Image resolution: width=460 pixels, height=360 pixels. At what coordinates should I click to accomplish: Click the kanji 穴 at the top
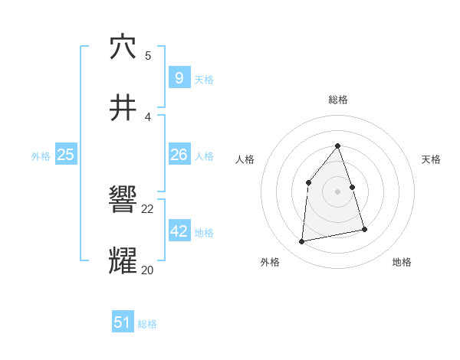(x=123, y=47)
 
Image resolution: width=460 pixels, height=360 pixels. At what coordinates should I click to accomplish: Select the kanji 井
(x=123, y=109)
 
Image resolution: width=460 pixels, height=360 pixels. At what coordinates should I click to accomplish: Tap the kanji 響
(x=123, y=201)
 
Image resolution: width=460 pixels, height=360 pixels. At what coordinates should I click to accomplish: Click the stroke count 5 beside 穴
(x=148, y=55)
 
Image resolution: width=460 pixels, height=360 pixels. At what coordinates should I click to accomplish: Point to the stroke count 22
(x=148, y=208)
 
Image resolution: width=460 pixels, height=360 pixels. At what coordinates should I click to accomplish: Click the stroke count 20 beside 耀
(x=148, y=270)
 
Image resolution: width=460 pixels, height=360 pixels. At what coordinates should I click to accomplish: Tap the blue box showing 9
(x=179, y=77)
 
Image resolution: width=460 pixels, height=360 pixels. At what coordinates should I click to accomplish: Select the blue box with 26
(x=179, y=155)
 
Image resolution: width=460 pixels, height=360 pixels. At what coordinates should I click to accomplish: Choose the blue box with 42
(x=179, y=231)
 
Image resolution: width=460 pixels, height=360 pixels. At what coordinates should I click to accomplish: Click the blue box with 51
(x=123, y=322)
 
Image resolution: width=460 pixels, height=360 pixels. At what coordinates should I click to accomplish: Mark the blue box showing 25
(x=65, y=155)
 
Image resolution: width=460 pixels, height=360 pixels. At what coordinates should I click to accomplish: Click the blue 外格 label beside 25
(x=41, y=156)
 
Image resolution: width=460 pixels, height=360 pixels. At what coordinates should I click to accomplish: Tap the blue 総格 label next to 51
(x=147, y=324)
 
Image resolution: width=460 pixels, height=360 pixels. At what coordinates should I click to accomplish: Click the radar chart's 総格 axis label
(x=338, y=100)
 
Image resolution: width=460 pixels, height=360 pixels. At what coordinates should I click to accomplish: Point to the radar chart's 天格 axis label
(x=432, y=159)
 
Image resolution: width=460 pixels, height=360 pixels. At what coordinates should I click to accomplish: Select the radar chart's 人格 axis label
(x=245, y=159)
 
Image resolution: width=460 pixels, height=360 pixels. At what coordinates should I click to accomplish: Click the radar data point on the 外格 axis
(x=302, y=242)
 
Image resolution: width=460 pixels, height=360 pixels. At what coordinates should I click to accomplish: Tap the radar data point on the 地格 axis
(x=364, y=229)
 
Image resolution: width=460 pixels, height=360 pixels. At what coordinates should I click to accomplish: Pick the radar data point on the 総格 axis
(x=338, y=146)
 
